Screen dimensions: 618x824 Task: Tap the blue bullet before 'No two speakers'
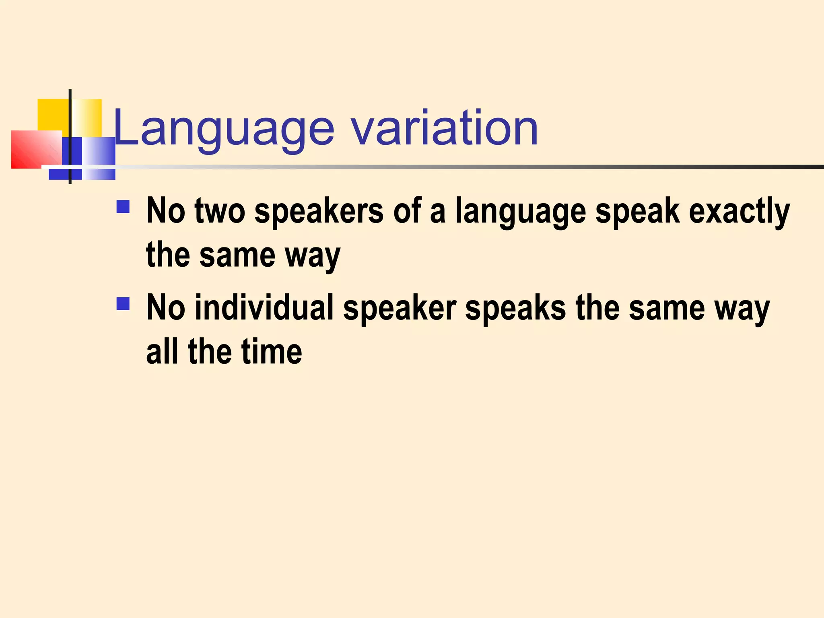click(x=123, y=207)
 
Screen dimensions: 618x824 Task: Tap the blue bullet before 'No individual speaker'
click(x=123, y=304)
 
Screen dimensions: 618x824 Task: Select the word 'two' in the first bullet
click(x=220, y=211)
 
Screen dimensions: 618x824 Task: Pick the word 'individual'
click(x=264, y=308)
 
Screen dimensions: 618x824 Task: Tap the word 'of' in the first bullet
click(x=407, y=211)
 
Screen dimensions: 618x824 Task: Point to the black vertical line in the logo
click(x=70, y=121)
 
